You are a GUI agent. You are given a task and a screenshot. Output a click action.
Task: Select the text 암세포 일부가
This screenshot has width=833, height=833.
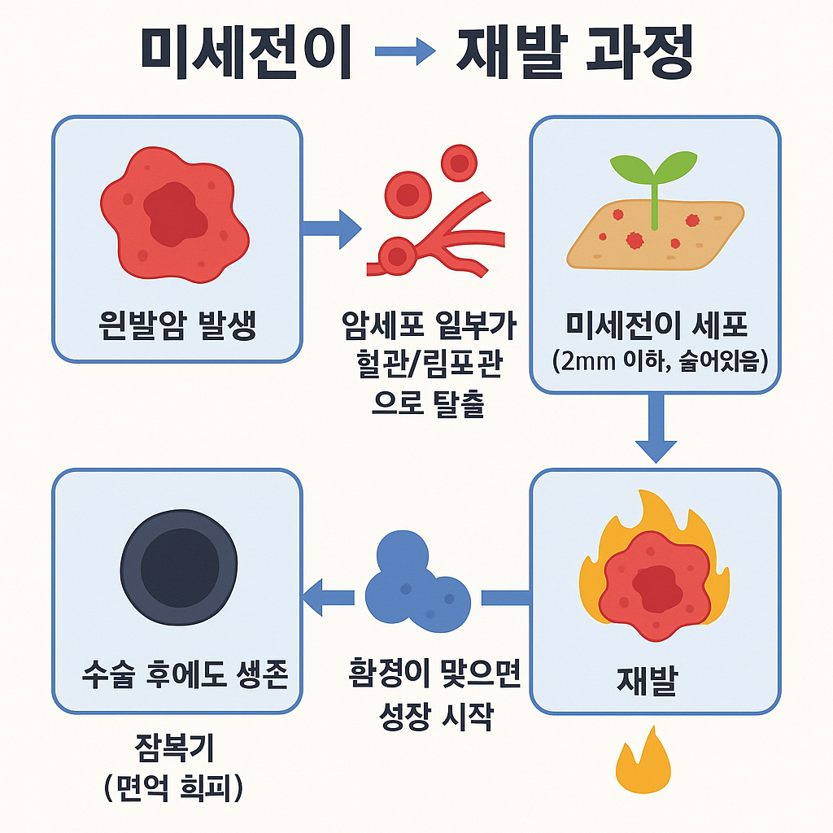click(430, 329)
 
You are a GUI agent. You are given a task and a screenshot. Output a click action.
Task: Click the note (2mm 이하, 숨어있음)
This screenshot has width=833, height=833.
click(655, 362)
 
